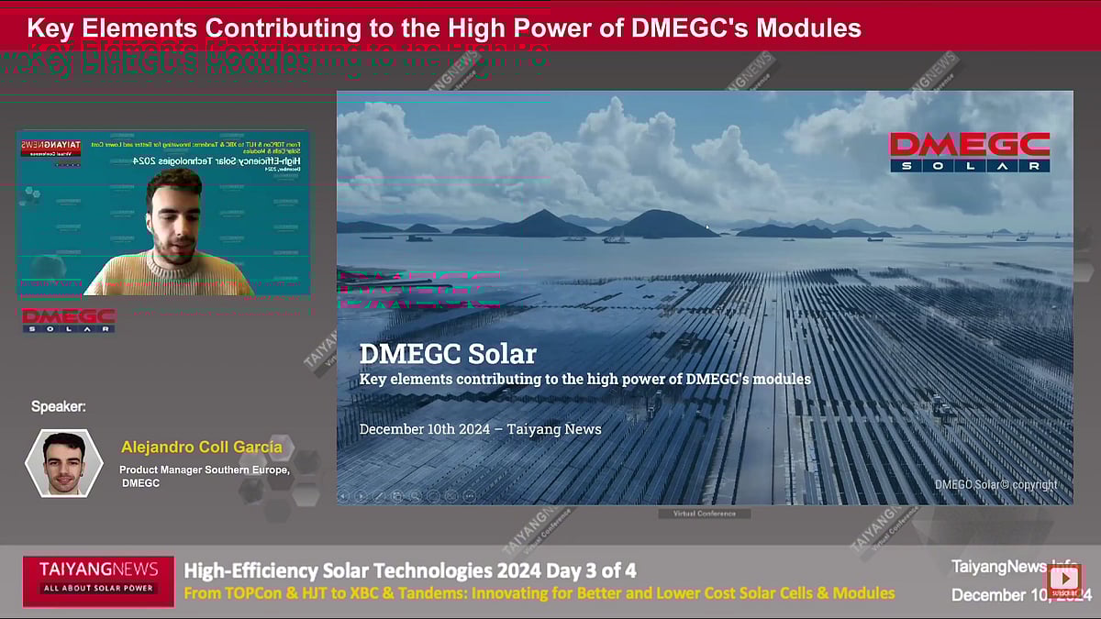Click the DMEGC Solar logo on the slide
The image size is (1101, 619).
pos(969,152)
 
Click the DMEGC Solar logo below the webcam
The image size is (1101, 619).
pos(69,320)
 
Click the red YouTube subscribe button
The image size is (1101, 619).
pos(1064,579)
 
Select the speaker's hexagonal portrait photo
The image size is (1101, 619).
pos(63,464)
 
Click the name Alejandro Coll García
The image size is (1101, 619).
pos(201,448)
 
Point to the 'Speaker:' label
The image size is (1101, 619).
pos(59,406)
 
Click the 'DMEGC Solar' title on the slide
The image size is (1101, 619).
pos(448,354)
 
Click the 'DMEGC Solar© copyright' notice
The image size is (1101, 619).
pos(995,484)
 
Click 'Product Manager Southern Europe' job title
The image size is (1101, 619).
pos(204,470)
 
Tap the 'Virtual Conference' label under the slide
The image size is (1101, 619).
pos(705,514)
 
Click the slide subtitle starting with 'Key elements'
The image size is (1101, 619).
pos(584,379)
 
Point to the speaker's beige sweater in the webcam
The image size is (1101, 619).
pos(170,275)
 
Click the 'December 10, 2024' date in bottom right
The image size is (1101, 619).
pos(1020,595)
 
